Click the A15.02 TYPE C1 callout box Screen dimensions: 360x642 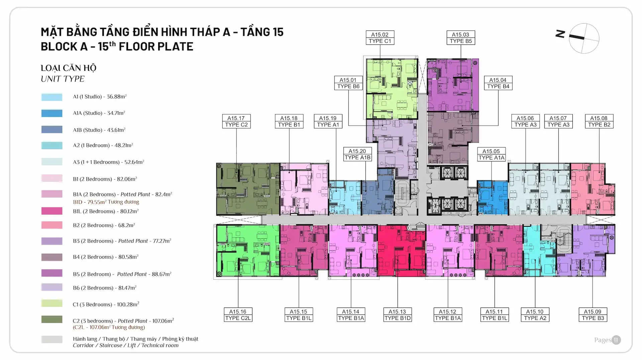[x=380, y=38]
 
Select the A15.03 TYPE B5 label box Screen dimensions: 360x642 [x=461, y=38]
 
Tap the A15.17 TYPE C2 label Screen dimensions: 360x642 [x=236, y=121]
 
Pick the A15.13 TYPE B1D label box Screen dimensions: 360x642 [x=397, y=315]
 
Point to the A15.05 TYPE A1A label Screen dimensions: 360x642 [x=491, y=154]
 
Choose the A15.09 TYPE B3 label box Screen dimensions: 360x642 [x=593, y=315]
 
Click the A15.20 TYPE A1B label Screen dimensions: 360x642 [x=357, y=154]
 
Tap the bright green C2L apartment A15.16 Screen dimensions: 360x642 [x=247, y=251]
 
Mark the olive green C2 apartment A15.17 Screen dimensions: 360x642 [x=247, y=189]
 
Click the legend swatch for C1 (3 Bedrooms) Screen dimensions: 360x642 [x=52, y=304]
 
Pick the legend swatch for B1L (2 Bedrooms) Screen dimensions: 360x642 [x=52, y=211]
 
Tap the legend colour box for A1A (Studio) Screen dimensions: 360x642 [x=52, y=113]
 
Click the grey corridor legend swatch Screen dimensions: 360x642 [x=52, y=340]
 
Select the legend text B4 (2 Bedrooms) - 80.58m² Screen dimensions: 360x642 [x=106, y=257]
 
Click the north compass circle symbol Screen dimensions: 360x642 [x=584, y=38]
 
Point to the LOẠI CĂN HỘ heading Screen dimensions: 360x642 [x=69, y=68]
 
